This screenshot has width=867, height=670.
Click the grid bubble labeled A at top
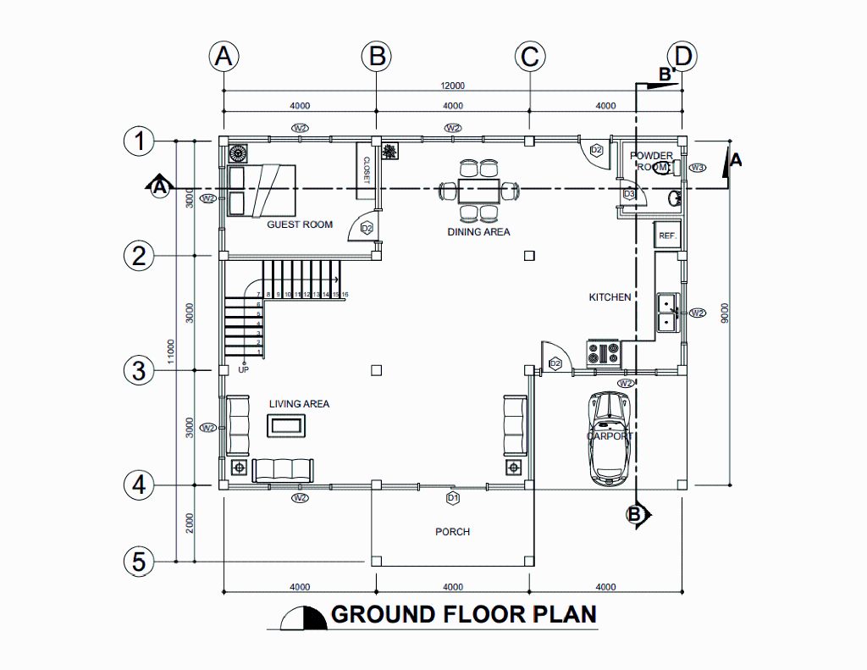(x=224, y=57)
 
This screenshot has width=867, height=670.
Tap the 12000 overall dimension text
(x=452, y=86)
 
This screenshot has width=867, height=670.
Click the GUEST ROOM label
(x=300, y=224)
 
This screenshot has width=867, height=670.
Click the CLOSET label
(x=367, y=169)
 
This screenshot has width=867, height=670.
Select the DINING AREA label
(x=478, y=231)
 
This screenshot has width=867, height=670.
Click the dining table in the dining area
(x=478, y=190)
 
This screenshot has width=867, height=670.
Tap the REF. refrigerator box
(x=666, y=235)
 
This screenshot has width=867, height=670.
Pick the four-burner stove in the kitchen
(x=603, y=352)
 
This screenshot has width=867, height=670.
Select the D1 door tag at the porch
(x=452, y=497)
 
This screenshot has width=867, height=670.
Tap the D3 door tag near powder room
(x=628, y=194)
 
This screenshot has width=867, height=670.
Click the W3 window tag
(x=698, y=168)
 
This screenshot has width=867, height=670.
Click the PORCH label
(x=452, y=531)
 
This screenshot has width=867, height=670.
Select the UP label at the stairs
(x=243, y=370)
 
